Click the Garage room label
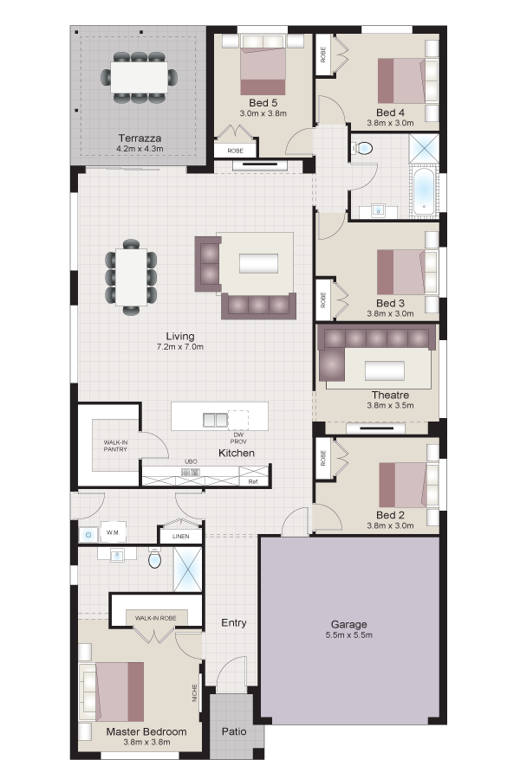348,624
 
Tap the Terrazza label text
140,138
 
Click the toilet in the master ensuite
155,558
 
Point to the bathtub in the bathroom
424,192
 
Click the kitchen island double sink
215,420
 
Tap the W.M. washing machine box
113,532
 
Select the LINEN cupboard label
180,536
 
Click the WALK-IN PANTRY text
115,446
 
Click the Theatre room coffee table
384,370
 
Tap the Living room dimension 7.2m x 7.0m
180,347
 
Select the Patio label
234,731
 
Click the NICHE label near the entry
194,693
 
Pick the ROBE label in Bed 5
236,151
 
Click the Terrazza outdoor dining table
140,77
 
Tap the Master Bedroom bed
120,691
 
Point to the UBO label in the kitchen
191,461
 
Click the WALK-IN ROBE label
156,618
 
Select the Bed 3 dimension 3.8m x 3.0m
390,313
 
